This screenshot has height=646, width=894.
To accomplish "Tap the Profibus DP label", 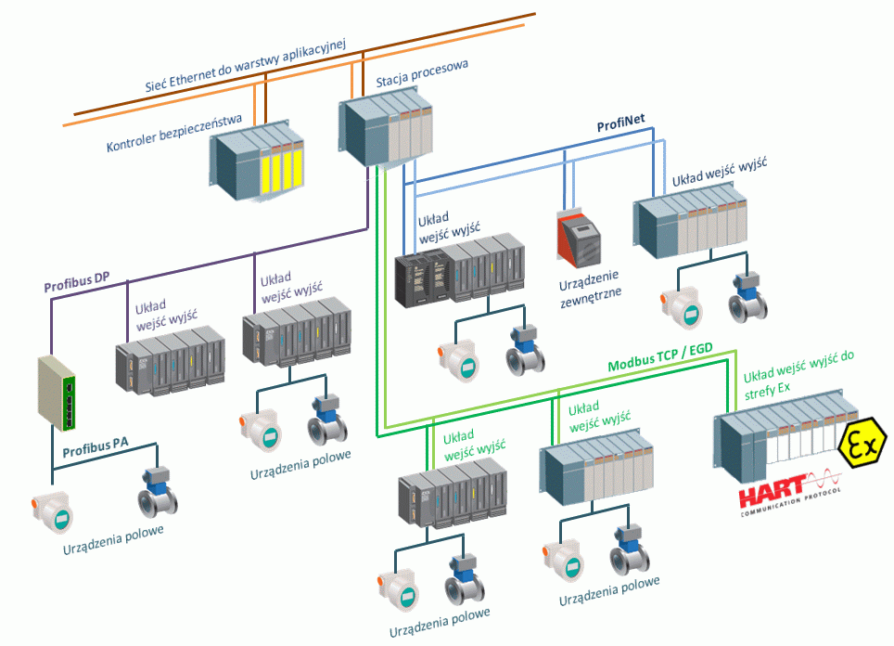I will (77, 287).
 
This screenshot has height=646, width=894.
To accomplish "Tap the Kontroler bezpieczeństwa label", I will (174, 134).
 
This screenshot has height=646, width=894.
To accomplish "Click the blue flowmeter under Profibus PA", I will (157, 493).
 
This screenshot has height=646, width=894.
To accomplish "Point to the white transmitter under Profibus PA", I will (54, 510).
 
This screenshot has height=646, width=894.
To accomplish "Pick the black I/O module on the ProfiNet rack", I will (416, 279).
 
